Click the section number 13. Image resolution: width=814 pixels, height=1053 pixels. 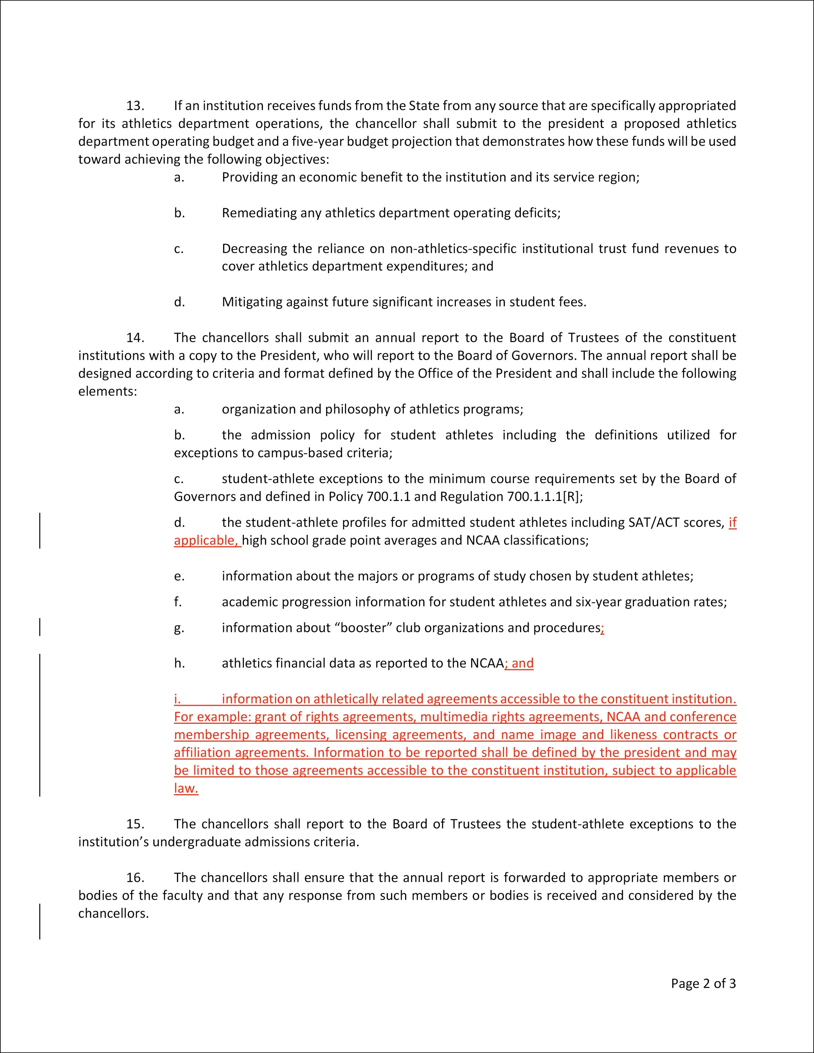(135, 105)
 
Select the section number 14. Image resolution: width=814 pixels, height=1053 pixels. (135, 338)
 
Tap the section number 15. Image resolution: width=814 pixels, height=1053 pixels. (135, 824)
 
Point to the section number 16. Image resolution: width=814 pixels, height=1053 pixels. (135, 878)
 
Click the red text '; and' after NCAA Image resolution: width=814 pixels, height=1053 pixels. (519, 663)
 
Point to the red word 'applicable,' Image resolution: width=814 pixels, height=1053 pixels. (206, 540)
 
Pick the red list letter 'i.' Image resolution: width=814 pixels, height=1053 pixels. (177, 699)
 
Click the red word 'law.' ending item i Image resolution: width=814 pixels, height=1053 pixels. (186, 788)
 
